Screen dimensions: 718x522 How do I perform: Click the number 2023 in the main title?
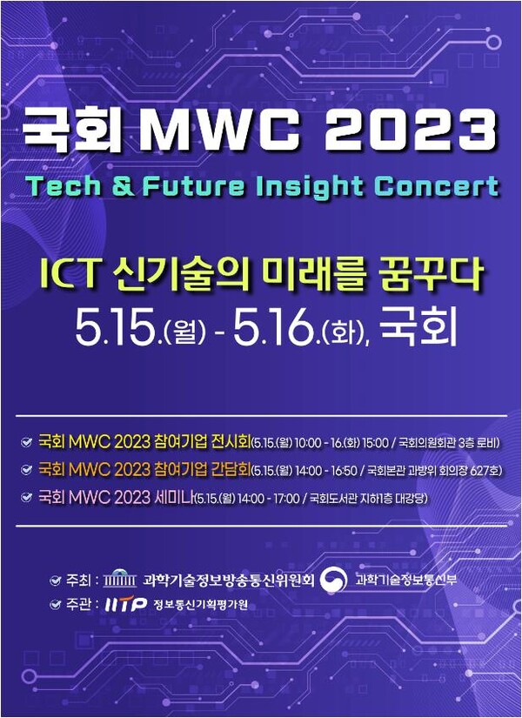pos(408,131)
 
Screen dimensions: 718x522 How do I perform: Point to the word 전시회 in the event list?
pos(226,442)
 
